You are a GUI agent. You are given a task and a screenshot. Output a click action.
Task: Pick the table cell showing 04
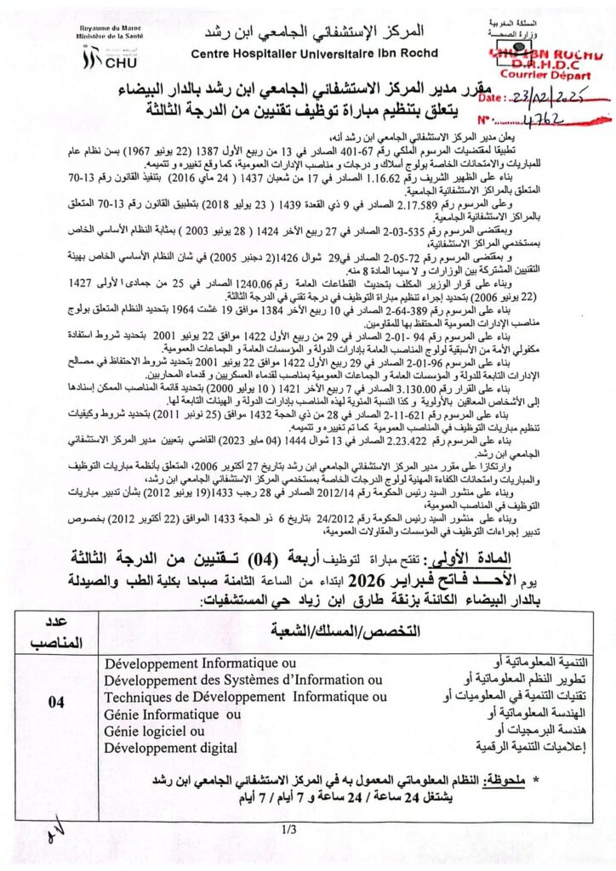(x=57, y=702)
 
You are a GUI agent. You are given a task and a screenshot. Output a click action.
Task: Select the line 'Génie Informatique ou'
(x=172, y=714)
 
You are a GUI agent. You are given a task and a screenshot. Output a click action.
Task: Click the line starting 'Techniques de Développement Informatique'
(x=245, y=697)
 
